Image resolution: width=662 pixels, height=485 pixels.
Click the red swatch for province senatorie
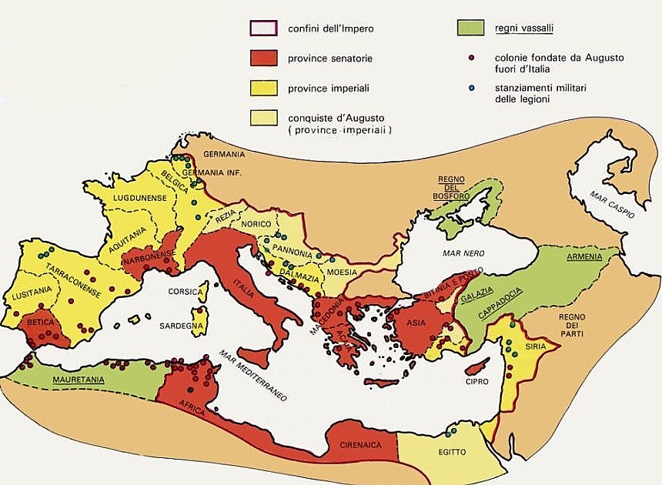click(262, 59)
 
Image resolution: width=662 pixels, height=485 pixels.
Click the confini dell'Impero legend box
click(262, 29)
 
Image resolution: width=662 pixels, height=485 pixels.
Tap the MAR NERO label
click(461, 253)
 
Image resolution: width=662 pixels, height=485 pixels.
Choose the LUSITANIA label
click(32, 290)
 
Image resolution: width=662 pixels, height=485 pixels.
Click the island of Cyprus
click(476, 366)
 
